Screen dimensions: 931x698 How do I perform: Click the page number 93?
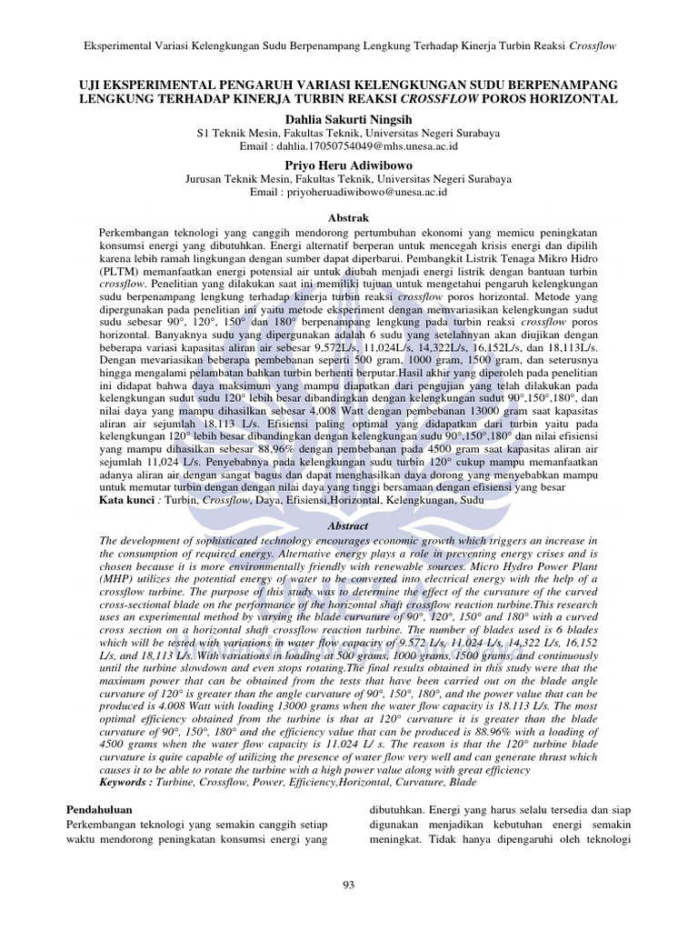pos(349,886)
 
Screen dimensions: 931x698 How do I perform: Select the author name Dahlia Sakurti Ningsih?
pos(349,118)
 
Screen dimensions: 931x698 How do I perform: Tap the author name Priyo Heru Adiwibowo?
pos(349,165)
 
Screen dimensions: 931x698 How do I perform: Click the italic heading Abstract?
pos(349,526)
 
